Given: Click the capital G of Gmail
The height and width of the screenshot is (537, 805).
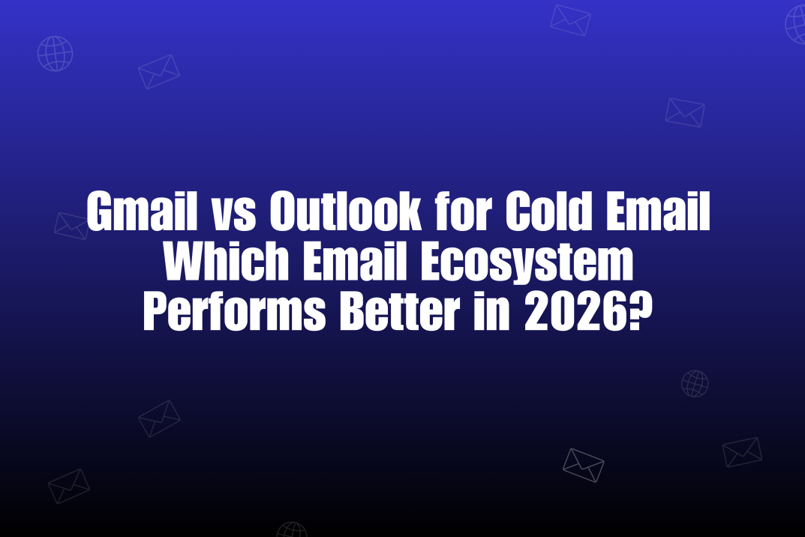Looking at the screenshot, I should click(x=100, y=212).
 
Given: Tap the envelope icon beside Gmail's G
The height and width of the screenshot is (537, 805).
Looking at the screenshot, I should click(x=71, y=225).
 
